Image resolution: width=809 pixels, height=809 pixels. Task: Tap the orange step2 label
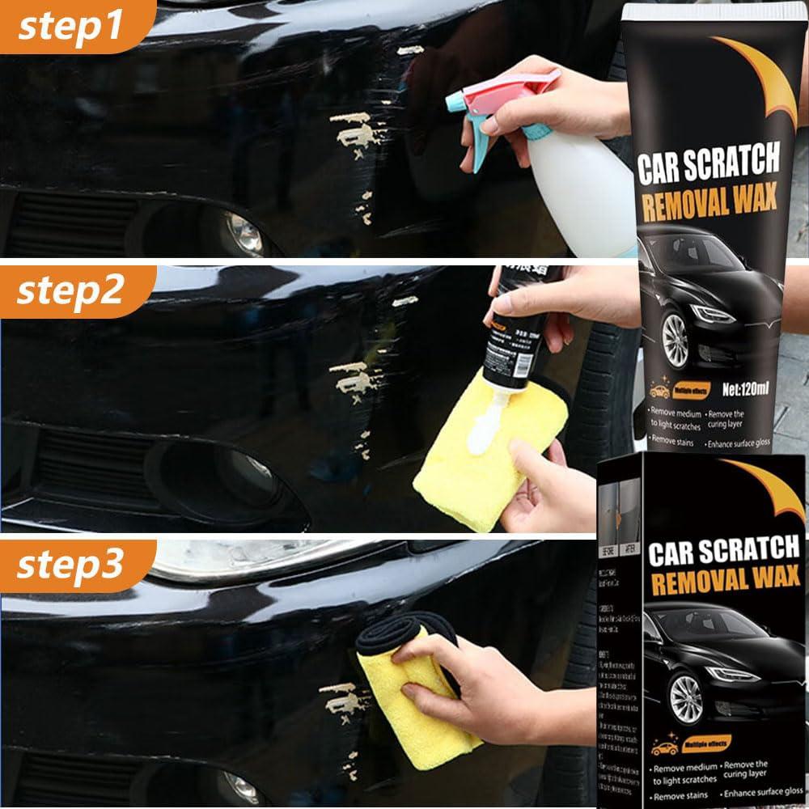pyautogui.click(x=70, y=291)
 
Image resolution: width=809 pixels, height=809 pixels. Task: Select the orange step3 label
pyautogui.click(x=69, y=565)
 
